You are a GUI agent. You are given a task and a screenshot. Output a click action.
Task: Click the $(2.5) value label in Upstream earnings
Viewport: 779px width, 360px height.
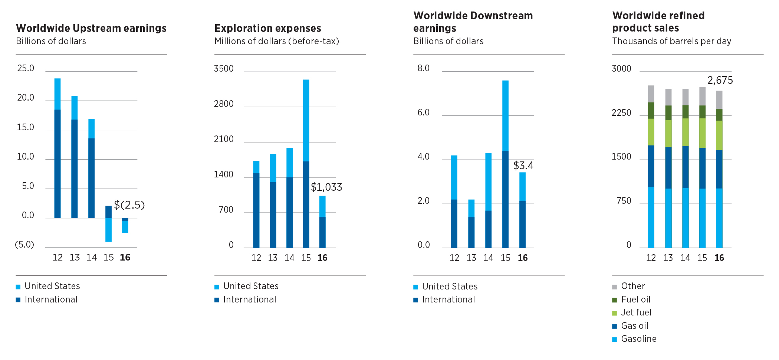click(x=129, y=205)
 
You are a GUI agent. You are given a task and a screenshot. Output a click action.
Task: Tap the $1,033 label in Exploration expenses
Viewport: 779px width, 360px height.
click(x=326, y=187)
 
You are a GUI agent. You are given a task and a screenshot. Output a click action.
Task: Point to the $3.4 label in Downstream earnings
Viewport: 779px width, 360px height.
click(x=523, y=166)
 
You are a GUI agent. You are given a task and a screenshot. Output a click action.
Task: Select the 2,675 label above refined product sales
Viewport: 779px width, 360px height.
click(x=720, y=81)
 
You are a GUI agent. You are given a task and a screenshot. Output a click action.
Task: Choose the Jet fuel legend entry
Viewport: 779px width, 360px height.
click(x=636, y=312)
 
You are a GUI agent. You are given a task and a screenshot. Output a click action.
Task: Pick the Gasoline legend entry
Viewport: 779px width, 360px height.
click(x=638, y=339)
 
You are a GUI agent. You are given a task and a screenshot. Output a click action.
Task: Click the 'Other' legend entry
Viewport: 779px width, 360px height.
click(x=633, y=286)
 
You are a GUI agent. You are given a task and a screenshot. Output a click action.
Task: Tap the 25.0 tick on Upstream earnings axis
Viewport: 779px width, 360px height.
click(x=26, y=68)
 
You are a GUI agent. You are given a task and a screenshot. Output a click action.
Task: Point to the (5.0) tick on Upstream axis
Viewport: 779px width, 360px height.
click(x=24, y=245)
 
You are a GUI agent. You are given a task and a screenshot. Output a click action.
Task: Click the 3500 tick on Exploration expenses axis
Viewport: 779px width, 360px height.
click(x=224, y=69)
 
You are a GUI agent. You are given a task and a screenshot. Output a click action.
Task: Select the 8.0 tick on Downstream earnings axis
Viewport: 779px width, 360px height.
click(x=423, y=68)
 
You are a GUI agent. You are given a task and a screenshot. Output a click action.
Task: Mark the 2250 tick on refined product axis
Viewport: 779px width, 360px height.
click(x=621, y=113)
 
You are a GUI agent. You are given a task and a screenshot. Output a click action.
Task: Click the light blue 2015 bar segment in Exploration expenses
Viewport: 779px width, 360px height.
click(x=306, y=120)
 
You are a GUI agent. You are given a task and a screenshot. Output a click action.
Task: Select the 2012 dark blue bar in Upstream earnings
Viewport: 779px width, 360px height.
click(x=57, y=163)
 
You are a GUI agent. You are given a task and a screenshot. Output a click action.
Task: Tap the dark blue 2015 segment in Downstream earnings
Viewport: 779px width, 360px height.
click(x=505, y=199)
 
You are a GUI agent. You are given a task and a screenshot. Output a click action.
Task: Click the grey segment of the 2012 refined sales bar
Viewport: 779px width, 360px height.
click(x=651, y=94)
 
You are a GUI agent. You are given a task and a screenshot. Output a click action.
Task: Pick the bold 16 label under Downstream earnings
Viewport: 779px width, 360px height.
click(x=523, y=258)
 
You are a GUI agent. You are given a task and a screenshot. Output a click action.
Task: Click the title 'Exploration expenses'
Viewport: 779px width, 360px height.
click(x=267, y=29)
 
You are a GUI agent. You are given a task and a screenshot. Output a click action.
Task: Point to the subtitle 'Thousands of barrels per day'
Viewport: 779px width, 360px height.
click(x=671, y=41)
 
